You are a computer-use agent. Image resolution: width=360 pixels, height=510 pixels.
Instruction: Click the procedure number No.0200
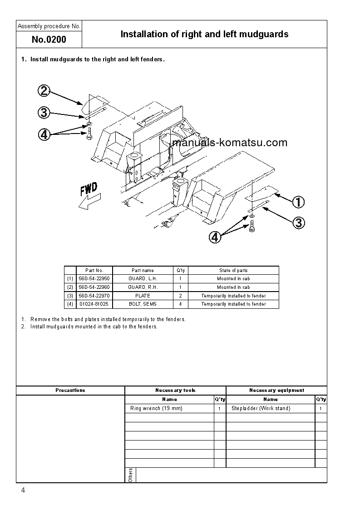coord(49,40)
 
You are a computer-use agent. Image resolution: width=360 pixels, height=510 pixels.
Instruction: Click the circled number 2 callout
coord(44,91)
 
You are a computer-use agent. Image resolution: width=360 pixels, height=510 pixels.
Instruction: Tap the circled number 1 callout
coord(298,202)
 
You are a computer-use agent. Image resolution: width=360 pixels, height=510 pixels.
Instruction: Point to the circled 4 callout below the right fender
coord(215,237)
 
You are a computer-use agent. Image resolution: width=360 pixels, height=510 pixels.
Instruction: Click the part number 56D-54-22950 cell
coord(94,278)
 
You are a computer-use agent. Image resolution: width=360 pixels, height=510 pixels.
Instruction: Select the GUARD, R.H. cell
coord(143,287)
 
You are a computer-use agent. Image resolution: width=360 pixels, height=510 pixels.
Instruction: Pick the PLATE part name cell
coord(143,296)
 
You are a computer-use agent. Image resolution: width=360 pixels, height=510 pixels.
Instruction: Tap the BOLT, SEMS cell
coord(143,304)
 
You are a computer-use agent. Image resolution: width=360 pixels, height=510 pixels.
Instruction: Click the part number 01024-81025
coord(94,304)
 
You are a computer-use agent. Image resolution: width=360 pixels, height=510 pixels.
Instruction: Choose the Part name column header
coord(143,270)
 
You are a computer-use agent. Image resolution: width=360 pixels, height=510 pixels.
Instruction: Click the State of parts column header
coord(233,270)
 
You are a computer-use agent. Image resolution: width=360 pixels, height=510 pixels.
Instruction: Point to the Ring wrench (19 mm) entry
coord(156,408)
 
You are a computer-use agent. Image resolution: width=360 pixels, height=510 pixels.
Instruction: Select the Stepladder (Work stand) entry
coord(261,408)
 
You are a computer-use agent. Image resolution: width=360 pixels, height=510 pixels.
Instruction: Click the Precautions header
coord(70,390)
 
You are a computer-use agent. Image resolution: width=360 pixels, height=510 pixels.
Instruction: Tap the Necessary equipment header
coord(276,390)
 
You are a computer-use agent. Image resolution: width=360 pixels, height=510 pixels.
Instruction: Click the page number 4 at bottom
coord(23,491)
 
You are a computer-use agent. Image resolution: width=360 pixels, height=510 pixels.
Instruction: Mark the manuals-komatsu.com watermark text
coord(230,143)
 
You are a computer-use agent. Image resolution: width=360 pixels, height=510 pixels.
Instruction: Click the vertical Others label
coord(130,475)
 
